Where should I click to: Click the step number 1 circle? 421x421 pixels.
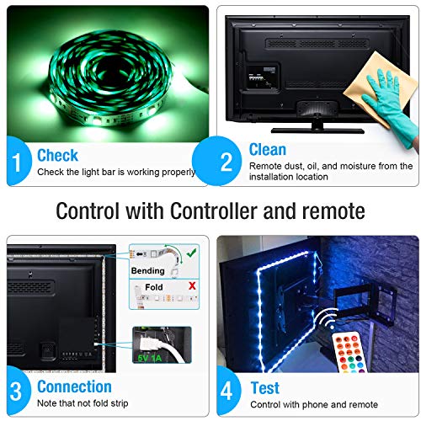pyautogui.click(x=19, y=161)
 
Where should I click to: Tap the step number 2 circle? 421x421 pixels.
pyautogui.click(x=216, y=161)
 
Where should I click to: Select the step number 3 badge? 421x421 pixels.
pyautogui.click(x=19, y=391)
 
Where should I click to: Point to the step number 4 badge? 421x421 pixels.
pyautogui.click(x=228, y=391)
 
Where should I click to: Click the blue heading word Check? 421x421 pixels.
pyautogui.click(x=57, y=155)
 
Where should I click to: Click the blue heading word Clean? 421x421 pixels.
pyautogui.click(x=268, y=149)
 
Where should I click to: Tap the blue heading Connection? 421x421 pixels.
pyautogui.click(x=74, y=386)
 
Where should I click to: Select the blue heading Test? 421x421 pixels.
pyautogui.click(x=265, y=388)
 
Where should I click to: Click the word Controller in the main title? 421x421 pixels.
pyautogui.click(x=214, y=210)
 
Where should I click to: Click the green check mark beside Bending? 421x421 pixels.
pyautogui.click(x=192, y=253)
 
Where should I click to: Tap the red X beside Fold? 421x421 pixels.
pyautogui.click(x=192, y=286)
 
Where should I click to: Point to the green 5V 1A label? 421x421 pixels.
pyautogui.click(x=150, y=358)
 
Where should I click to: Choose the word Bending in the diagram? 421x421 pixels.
pyautogui.click(x=148, y=271)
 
